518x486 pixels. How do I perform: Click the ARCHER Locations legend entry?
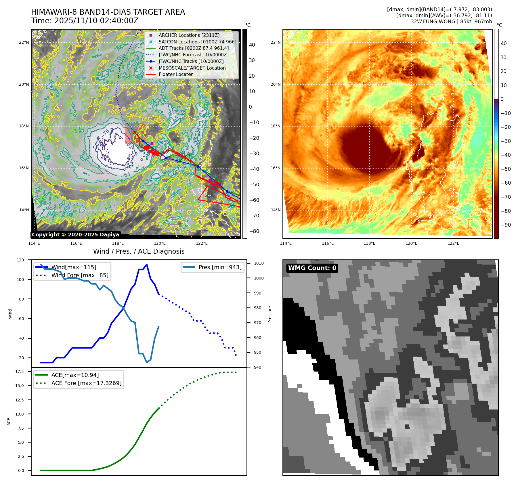pos(189,35)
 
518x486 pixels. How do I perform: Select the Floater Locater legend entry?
pos(175,74)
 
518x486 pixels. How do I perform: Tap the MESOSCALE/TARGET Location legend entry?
pos(192,68)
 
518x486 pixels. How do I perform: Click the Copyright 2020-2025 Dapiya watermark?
pos(75,235)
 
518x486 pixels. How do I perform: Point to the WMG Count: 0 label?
pos(312,268)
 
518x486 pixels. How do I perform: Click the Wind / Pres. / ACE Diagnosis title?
pos(139,251)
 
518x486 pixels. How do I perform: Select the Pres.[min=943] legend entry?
pos(220,267)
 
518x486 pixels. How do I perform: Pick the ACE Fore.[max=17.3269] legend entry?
pos(86,383)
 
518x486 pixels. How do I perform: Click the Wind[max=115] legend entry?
pos(74,267)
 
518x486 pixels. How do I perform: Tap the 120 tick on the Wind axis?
pos(20,260)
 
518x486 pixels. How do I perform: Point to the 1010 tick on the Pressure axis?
pos(259,263)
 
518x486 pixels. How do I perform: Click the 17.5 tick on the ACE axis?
pos(20,372)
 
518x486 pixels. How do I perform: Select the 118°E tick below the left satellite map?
pos(118,243)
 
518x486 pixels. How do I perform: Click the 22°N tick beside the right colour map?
pos(276,42)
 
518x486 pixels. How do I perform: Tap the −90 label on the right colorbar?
pos(506,225)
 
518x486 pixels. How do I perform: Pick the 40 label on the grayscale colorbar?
pos(252,45)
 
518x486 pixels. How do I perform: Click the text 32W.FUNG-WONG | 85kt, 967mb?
pos(451,22)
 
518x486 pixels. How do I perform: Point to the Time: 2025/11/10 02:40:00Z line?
pos(85,21)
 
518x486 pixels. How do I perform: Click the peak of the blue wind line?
pos(147,265)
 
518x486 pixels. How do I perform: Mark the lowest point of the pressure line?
pos(147,362)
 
